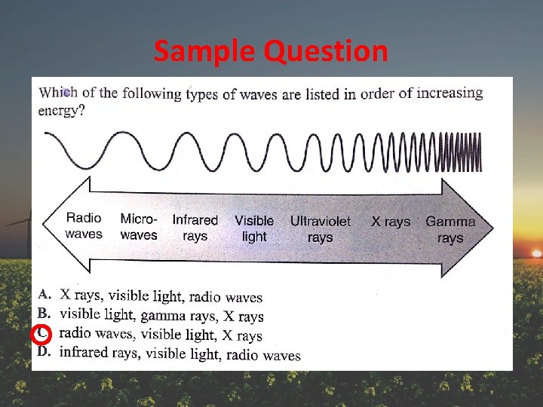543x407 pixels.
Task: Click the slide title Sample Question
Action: (271, 51)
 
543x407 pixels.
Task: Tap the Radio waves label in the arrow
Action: (84, 226)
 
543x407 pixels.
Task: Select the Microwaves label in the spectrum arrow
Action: (139, 227)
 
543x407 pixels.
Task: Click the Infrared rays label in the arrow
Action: (195, 228)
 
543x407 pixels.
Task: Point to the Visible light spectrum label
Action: (254, 228)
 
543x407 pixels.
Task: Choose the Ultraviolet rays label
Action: (321, 229)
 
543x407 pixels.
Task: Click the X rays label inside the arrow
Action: (391, 222)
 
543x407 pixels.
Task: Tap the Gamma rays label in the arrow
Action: (450, 229)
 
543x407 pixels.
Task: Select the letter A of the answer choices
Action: (44, 293)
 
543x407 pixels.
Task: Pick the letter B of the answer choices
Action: (44, 312)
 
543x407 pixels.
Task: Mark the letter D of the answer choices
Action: (44, 352)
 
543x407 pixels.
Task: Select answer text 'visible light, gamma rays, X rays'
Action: (161, 315)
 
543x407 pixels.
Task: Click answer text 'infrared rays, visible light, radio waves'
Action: (179, 353)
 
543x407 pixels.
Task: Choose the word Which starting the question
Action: (58, 93)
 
